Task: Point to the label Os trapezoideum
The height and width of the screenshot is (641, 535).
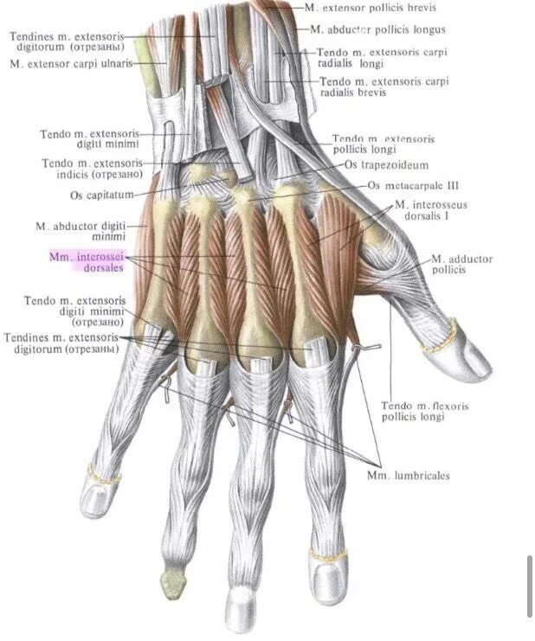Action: (386, 164)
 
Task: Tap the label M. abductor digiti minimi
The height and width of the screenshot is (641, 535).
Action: (81, 231)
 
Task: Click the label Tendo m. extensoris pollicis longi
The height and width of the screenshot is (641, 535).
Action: (383, 144)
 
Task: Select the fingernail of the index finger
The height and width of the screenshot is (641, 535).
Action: (327, 567)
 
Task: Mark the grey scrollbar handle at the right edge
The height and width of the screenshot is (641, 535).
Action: (530, 586)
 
